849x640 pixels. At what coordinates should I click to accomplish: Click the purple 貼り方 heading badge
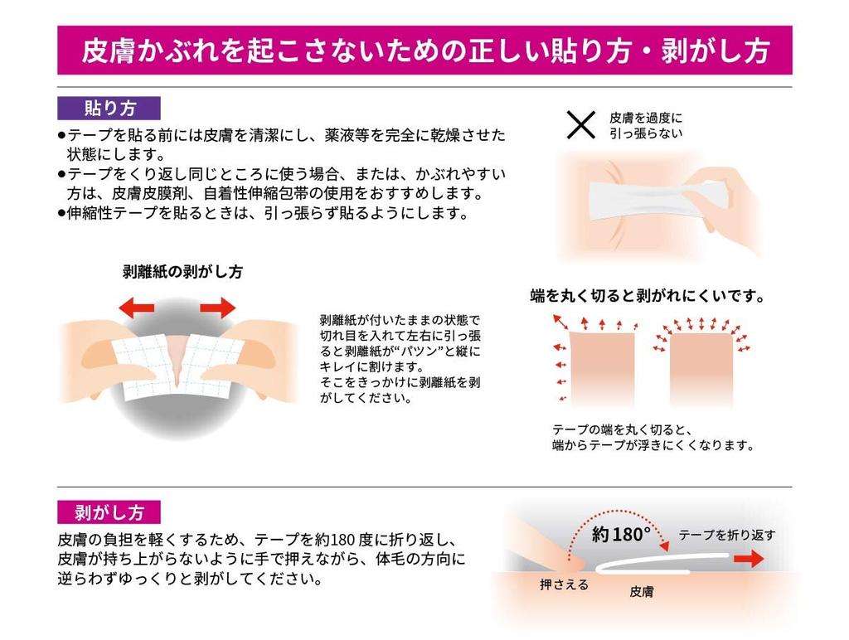109,108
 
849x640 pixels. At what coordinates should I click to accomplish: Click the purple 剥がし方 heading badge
109,512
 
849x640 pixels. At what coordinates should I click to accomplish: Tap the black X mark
580,125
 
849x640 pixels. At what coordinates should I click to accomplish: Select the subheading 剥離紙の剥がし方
182,272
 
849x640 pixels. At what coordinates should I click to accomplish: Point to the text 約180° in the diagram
621,535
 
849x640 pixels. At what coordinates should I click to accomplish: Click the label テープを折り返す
727,535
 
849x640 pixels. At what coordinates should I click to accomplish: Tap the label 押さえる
564,585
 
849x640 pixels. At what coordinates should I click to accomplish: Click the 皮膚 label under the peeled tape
642,592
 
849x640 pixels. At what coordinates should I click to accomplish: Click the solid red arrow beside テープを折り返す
748,560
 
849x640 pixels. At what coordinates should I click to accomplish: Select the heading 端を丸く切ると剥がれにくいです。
647,296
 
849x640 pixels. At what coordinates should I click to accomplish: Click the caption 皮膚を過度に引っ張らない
647,124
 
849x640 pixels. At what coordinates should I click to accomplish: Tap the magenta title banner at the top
424,50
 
